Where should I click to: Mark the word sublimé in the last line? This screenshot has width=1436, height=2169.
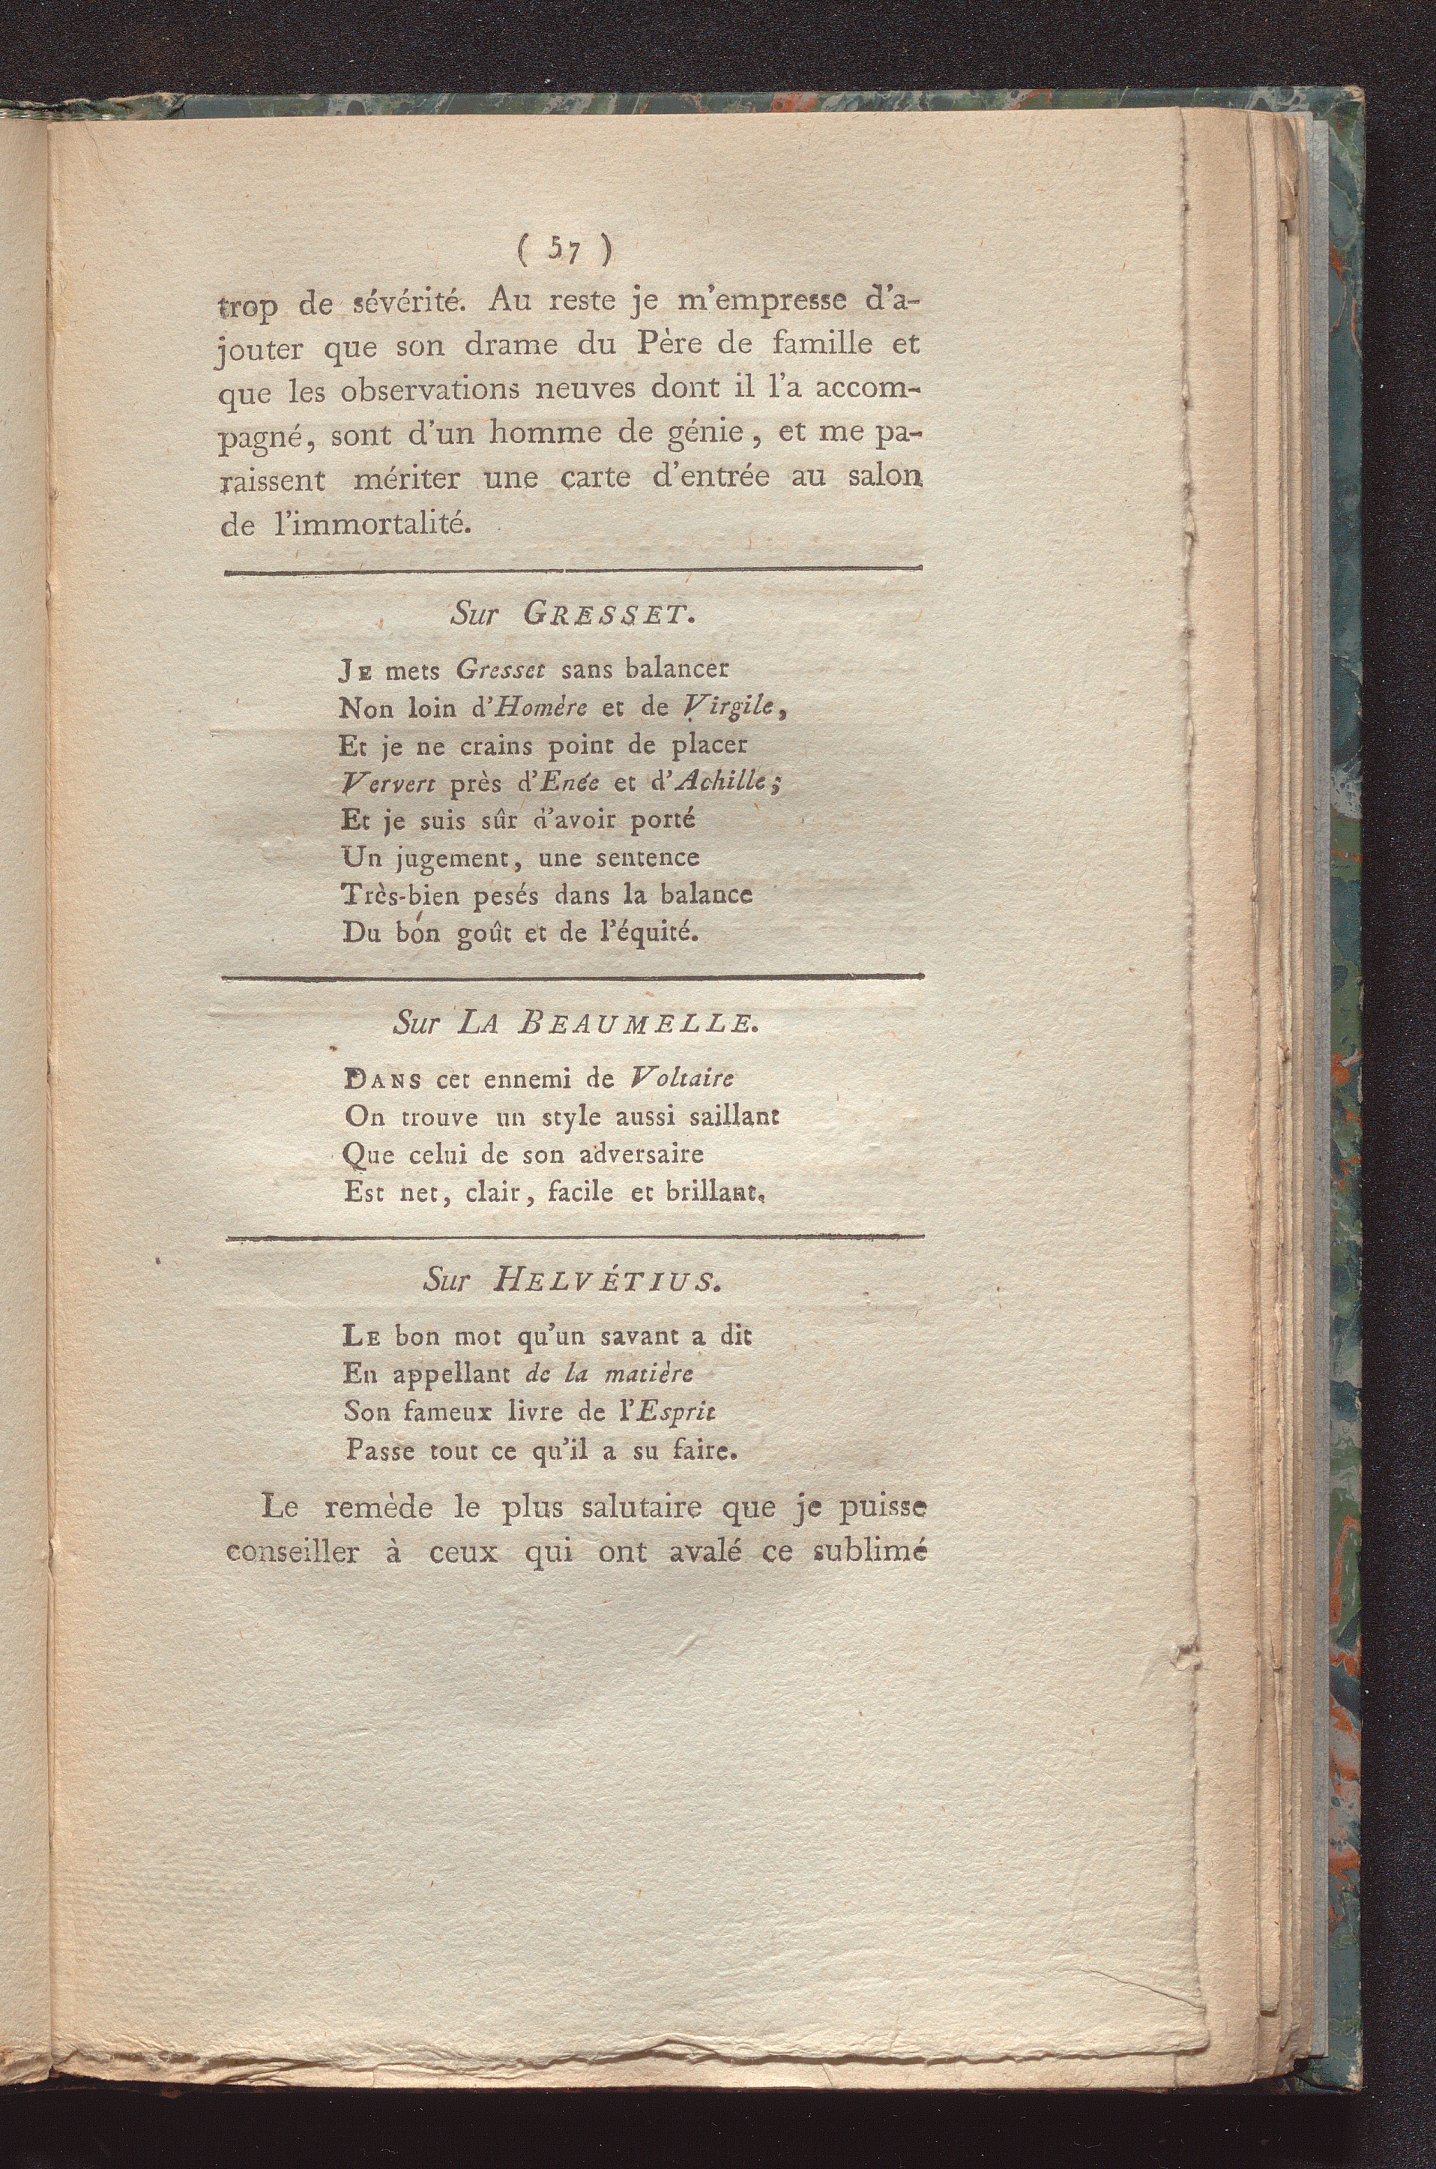[x=868, y=1553]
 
